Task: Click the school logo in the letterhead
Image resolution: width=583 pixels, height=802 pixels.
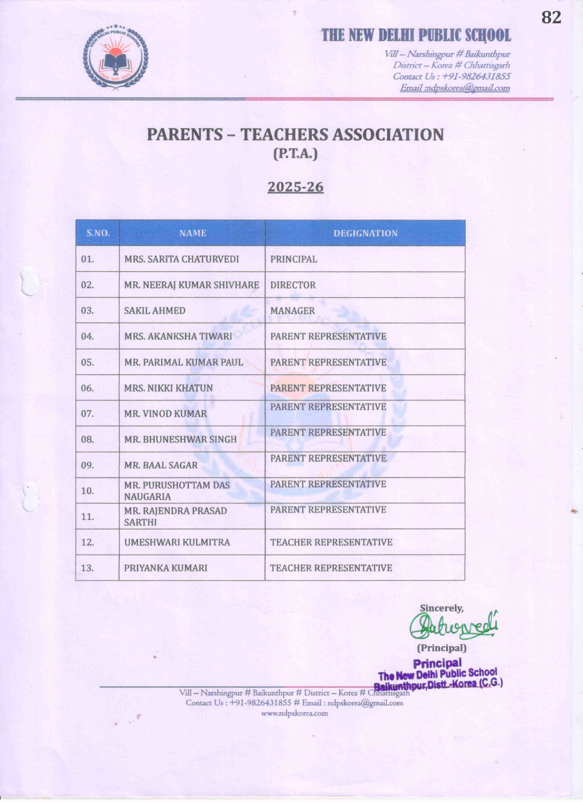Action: [116, 58]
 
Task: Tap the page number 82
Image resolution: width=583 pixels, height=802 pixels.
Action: [551, 17]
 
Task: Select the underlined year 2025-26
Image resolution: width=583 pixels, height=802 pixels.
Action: [295, 187]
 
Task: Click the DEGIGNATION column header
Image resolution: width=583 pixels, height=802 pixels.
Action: [365, 233]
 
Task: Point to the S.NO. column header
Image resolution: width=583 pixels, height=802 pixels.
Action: [98, 233]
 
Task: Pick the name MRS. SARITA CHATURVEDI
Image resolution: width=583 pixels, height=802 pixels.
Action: [181, 259]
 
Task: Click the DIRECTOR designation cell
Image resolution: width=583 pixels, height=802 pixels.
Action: [293, 285]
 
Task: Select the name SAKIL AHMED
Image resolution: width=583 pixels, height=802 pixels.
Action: [154, 310]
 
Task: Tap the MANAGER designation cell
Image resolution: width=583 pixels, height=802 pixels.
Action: [292, 310]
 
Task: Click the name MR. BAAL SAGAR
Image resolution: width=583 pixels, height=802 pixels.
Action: [160, 465]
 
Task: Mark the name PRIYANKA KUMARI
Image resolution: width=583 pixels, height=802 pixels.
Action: [165, 568]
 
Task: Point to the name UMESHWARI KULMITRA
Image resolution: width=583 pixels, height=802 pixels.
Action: [177, 542]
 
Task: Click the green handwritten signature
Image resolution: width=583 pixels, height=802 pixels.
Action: [454, 626]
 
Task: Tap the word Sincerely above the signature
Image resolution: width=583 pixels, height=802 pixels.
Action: [441, 608]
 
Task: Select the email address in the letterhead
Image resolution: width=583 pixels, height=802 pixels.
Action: [455, 88]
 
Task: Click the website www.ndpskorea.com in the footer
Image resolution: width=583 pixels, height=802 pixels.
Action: [294, 713]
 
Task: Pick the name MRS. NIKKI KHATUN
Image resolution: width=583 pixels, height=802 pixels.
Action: [168, 388]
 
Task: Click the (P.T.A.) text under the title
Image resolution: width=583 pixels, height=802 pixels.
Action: [295, 154]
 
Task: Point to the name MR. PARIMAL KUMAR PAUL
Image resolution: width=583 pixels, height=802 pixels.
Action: [184, 362]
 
